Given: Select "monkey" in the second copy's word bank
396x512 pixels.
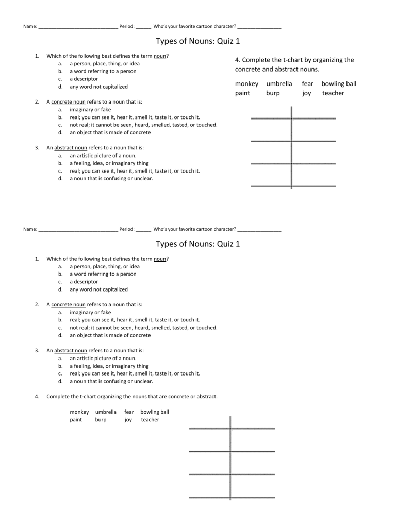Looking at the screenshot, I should [79, 412].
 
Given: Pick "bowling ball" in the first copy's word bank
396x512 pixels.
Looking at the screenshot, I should [339, 83].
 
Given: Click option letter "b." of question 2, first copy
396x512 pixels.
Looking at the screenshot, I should [61, 117].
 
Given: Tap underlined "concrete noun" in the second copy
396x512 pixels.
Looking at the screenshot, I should [68, 305].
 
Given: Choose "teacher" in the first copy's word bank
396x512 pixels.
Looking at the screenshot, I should [333, 93].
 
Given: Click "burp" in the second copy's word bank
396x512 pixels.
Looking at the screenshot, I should [101, 420].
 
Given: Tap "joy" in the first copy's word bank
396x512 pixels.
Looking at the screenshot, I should [307, 93].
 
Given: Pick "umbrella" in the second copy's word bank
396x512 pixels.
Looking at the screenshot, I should [106, 412].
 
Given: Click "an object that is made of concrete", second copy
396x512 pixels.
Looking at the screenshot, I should [110, 335].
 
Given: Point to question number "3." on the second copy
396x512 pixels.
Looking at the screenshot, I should [37, 350].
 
